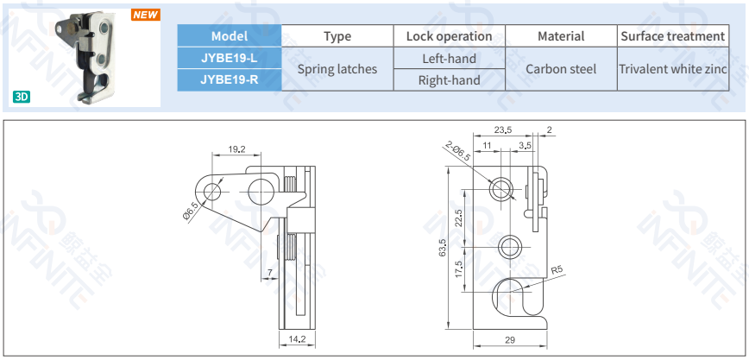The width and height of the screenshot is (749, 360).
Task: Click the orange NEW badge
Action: (x=146, y=15)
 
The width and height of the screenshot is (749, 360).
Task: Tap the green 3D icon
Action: (x=22, y=97)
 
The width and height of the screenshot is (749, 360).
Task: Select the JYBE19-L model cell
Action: (x=230, y=58)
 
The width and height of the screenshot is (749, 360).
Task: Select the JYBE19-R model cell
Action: (x=230, y=79)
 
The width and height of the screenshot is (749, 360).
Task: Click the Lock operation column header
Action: (x=449, y=36)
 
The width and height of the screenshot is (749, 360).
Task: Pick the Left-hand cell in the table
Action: (x=449, y=59)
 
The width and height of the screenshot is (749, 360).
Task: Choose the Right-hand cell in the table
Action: (x=449, y=79)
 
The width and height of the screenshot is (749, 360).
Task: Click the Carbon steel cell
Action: (x=561, y=69)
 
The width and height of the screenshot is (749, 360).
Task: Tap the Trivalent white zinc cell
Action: (x=673, y=69)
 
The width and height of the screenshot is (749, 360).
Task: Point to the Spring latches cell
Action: (x=337, y=69)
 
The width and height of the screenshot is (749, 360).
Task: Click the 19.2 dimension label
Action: (x=236, y=149)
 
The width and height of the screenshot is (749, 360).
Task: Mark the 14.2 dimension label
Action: (x=297, y=339)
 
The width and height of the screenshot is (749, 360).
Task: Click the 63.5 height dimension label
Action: (x=444, y=248)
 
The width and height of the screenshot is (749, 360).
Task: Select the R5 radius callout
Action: (x=557, y=270)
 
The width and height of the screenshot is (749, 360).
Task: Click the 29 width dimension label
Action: (x=510, y=340)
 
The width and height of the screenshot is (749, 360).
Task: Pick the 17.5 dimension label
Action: (x=458, y=269)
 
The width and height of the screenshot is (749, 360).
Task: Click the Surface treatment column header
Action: (x=673, y=36)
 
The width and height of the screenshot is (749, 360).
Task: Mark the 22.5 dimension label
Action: (x=458, y=218)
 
